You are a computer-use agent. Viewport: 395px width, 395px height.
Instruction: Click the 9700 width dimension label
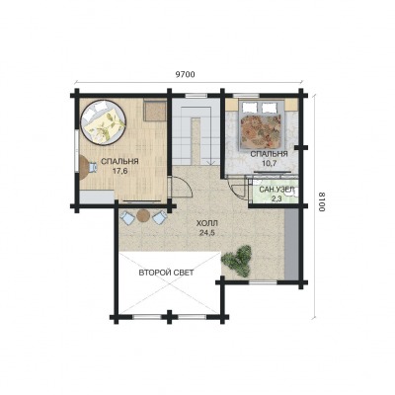click(185, 74)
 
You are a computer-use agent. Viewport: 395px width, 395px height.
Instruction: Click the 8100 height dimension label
click(322, 201)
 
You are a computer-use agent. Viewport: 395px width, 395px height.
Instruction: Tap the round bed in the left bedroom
click(103, 121)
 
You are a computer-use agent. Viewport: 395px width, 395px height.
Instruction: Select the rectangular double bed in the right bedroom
click(263, 124)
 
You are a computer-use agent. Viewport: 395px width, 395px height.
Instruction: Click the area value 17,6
click(119, 171)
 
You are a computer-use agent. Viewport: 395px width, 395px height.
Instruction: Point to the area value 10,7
click(269, 163)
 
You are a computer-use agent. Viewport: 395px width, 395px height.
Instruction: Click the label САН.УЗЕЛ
click(276, 190)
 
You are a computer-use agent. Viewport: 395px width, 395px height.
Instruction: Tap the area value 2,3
click(276, 198)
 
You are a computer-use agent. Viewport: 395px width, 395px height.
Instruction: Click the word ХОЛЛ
click(207, 224)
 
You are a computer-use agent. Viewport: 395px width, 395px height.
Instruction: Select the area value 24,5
click(207, 233)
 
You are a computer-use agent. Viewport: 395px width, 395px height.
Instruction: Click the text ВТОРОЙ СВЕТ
click(166, 273)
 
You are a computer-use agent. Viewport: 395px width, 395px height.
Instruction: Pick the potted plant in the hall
click(237, 260)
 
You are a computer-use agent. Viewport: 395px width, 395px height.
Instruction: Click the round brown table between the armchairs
click(143, 216)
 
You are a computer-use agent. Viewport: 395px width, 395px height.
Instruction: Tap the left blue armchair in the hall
click(126, 218)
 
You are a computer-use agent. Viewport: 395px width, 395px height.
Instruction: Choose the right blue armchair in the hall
click(160, 218)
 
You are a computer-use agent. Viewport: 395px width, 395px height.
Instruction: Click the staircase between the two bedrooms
click(196, 131)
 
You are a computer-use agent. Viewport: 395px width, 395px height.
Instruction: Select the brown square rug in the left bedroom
click(155, 112)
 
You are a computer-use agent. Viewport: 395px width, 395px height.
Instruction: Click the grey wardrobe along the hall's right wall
click(291, 244)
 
